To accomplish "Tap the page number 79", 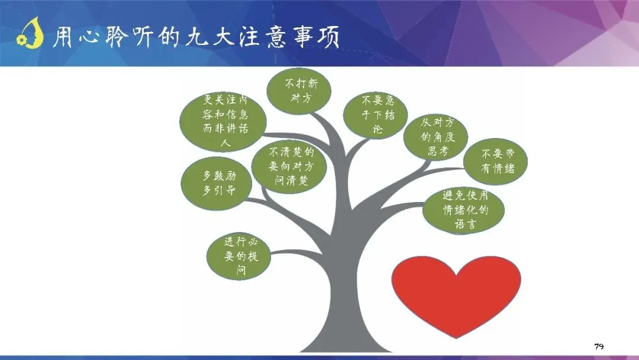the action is pyautogui.click(x=599, y=346).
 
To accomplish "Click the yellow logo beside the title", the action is pyautogui.click(x=30, y=33).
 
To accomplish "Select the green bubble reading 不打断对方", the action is pyautogui.click(x=299, y=91).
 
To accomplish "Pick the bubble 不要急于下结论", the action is pyautogui.click(x=375, y=115).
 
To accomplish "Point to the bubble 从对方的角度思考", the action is pyautogui.click(x=435, y=137).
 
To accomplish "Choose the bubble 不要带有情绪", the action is pyautogui.click(x=496, y=162).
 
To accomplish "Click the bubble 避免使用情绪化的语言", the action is pyautogui.click(x=464, y=210).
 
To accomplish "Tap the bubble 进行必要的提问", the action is pyautogui.click(x=239, y=256).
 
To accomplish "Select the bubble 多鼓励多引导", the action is pyautogui.click(x=217, y=183).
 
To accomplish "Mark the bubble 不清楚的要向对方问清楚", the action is pyautogui.click(x=289, y=167).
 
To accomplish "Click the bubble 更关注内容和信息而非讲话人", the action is pyautogui.click(x=223, y=121).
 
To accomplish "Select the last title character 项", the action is pyautogui.click(x=328, y=37).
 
